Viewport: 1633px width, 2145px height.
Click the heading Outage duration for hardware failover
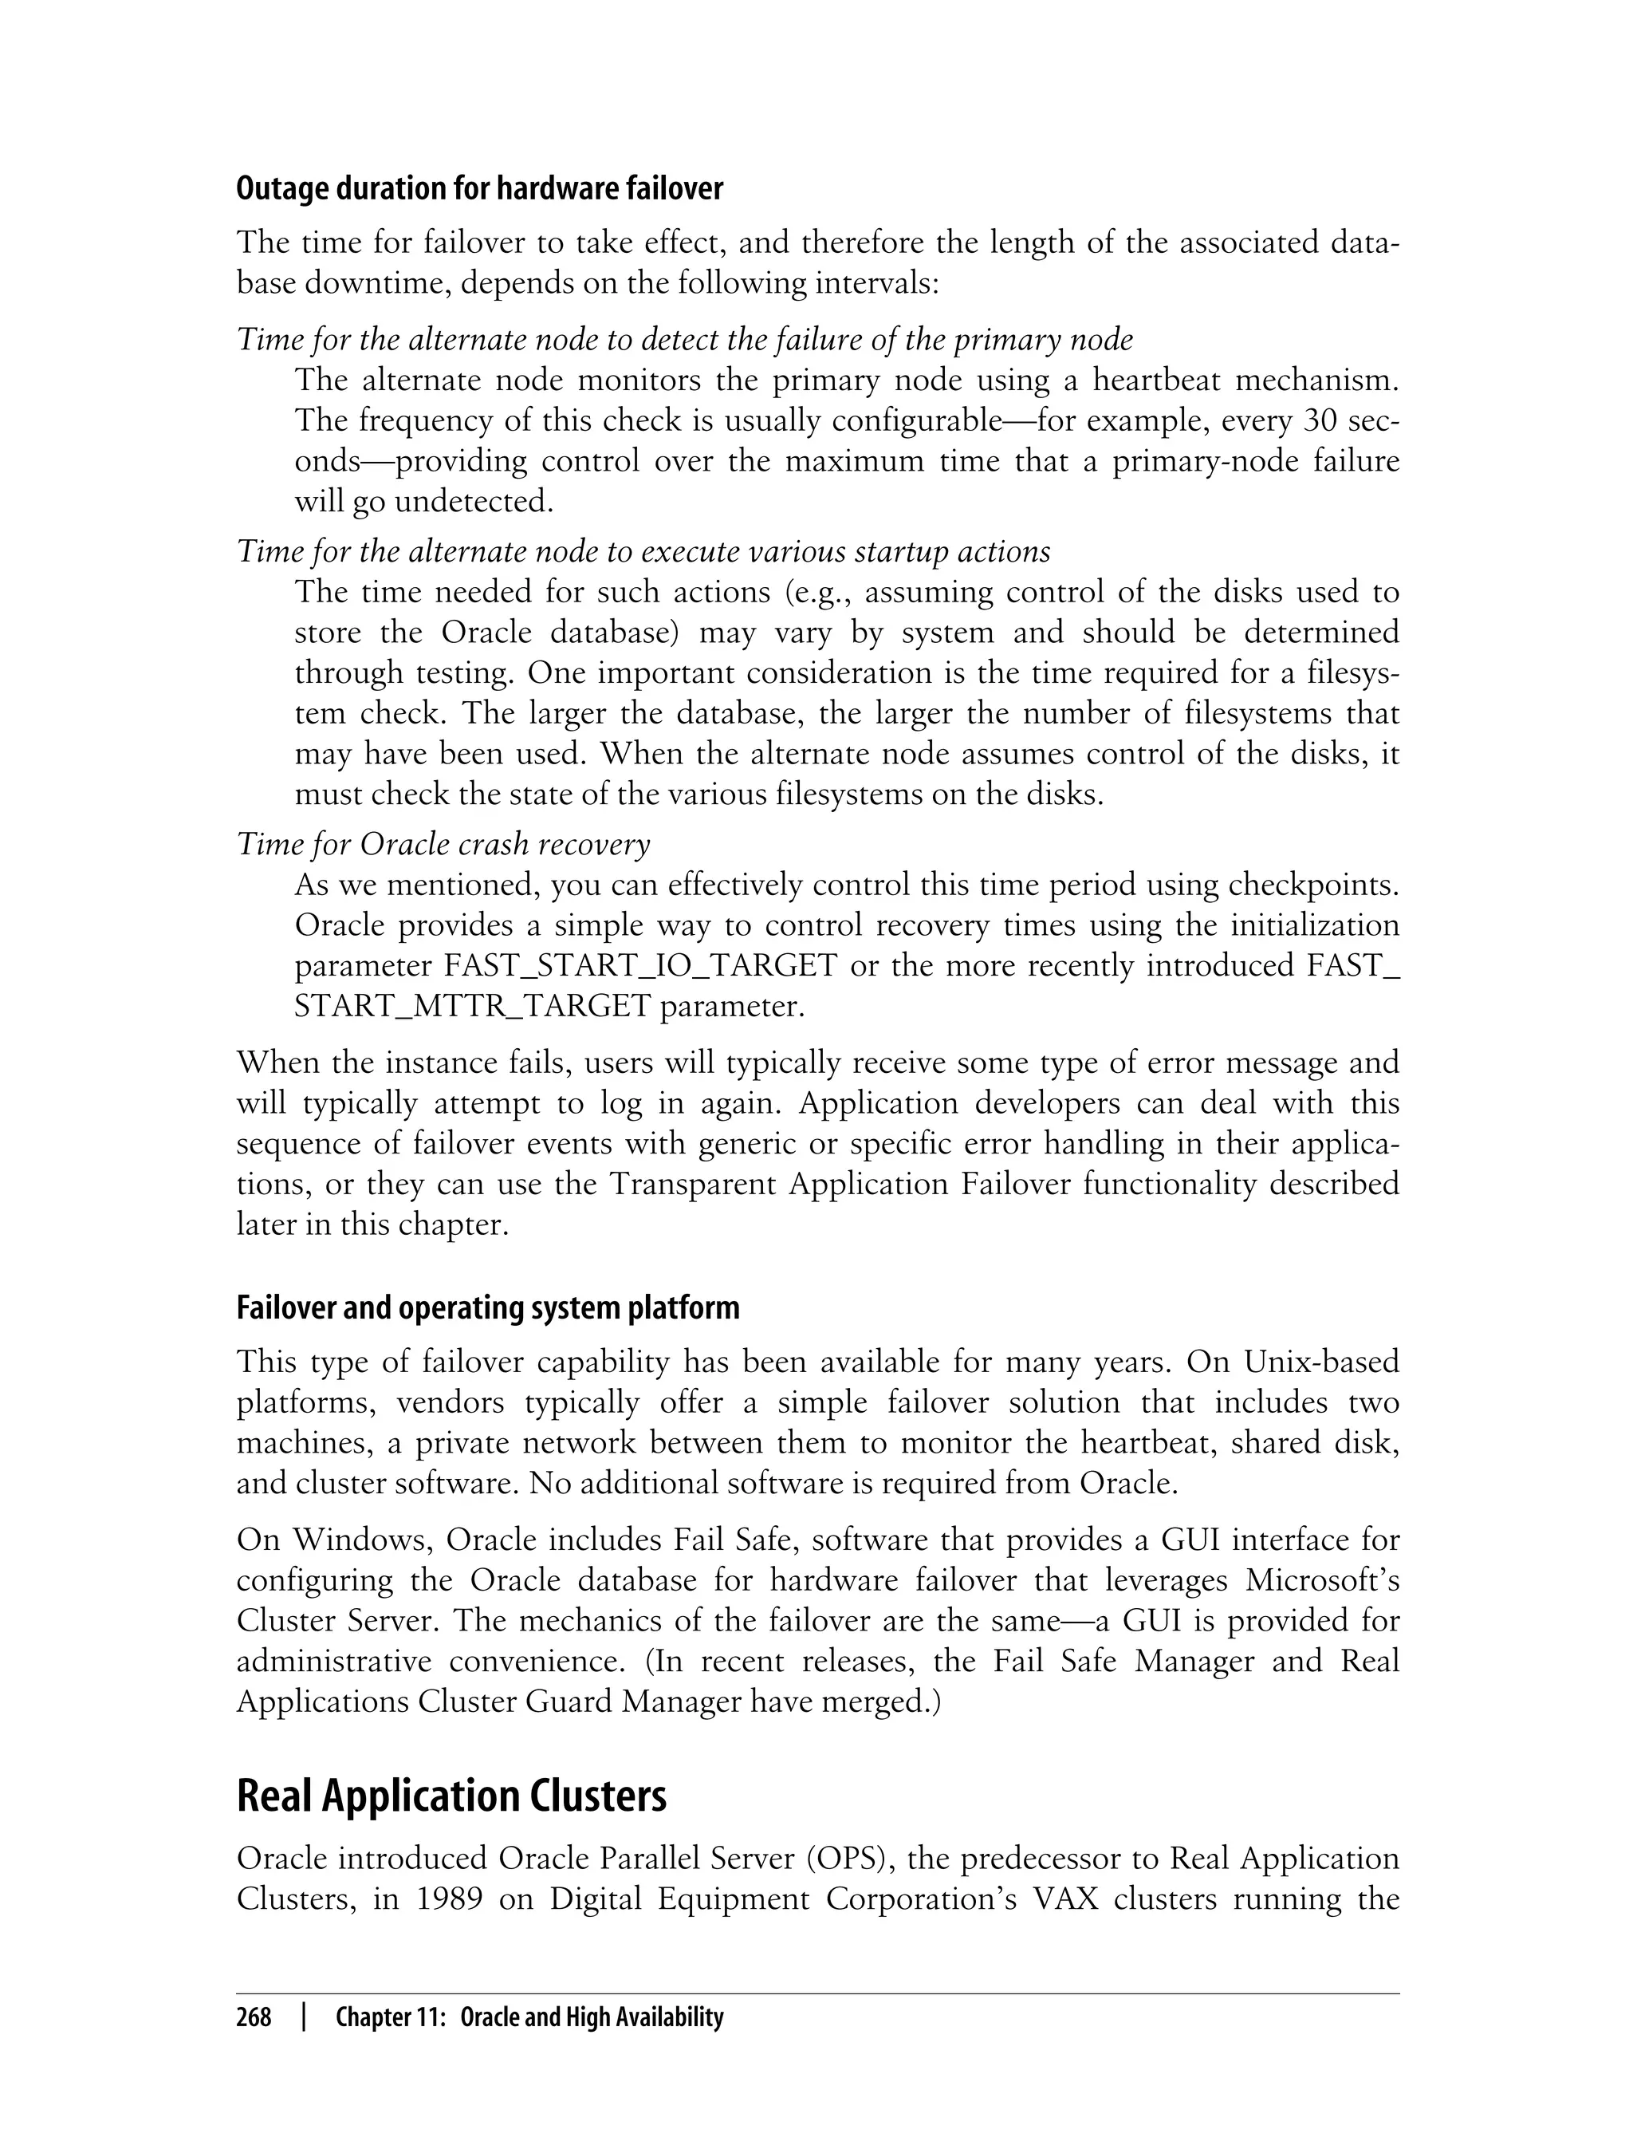click(x=479, y=188)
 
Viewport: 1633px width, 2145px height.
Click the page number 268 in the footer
click(x=254, y=2017)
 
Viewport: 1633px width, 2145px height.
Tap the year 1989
click(x=449, y=1899)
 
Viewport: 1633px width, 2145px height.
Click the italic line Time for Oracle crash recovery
click(x=443, y=843)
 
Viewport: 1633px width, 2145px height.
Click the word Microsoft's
click(x=1322, y=1581)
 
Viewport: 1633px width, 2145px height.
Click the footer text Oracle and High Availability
click(x=592, y=2017)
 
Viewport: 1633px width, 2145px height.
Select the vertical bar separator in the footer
click(x=305, y=2017)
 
